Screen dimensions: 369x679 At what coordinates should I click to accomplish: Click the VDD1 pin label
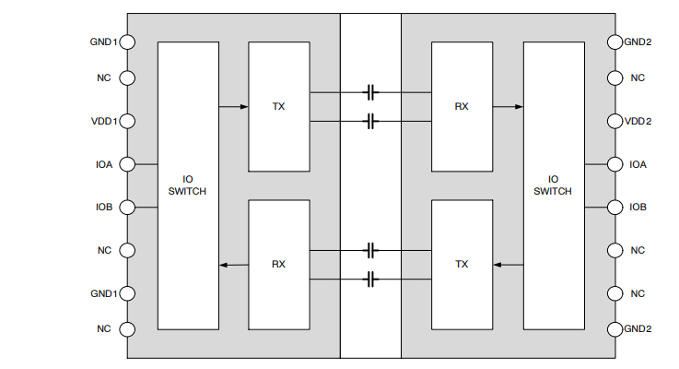(102, 121)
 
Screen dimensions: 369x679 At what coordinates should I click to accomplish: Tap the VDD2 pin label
(638, 121)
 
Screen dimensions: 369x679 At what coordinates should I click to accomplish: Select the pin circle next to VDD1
(127, 121)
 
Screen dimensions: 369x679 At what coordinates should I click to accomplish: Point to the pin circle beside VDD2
(615, 121)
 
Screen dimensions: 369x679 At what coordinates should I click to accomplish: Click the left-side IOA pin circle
(127, 164)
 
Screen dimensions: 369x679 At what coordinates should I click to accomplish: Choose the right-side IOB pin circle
(615, 207)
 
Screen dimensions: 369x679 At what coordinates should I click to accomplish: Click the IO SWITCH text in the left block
(188, 185)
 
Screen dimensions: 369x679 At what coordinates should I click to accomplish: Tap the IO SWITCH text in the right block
(553, 185)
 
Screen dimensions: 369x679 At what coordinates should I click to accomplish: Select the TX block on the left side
(278, 106)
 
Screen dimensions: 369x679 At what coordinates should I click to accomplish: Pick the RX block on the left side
(278, 264)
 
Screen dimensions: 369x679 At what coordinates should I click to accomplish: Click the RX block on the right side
(462, 106)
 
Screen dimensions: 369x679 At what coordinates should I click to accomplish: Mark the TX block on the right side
(462, 264)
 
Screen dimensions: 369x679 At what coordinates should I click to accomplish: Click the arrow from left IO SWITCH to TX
(234, 106)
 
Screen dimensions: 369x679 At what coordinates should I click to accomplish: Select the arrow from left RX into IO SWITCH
(234, 265)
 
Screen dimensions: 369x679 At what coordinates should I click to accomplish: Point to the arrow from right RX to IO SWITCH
(508, 106)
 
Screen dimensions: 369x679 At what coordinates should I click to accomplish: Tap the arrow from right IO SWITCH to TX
(508, 265)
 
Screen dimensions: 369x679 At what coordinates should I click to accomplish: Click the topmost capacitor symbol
(370, 92)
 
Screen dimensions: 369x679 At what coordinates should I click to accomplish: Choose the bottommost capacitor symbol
(370, 279)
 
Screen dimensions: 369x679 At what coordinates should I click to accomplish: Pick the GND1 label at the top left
(102, 42)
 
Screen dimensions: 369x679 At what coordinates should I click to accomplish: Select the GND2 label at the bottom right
(638, 329)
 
